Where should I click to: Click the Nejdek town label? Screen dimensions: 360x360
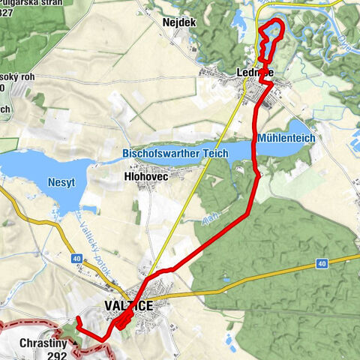[178, 22]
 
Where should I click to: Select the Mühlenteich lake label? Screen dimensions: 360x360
[285, 139]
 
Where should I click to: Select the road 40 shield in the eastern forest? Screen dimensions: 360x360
[322, 264]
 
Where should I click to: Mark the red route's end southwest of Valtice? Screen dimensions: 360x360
[78, 320]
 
